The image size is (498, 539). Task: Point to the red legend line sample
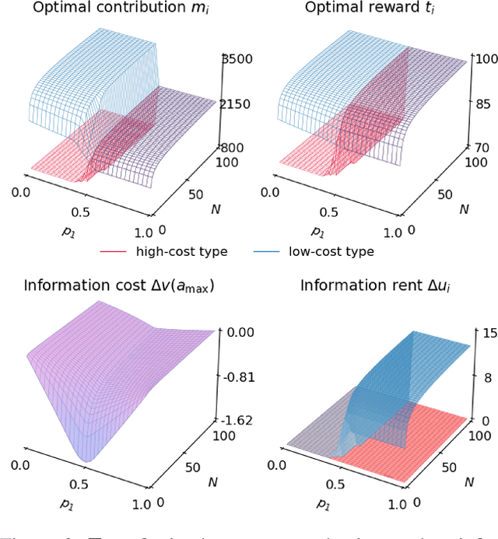tap(114, 251)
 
